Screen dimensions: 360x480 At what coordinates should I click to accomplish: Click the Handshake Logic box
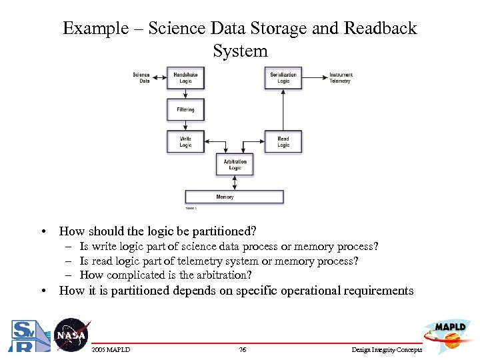pyautogui.click(x=185, y=77)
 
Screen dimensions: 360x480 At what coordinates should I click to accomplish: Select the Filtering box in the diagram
pyautogui.click(x=185, y=109)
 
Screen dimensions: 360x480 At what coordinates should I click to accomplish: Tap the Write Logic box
pyautogui.click(x=185, y=142)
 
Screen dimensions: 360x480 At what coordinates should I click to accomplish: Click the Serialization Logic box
pyautogui.click(x=283, y=77)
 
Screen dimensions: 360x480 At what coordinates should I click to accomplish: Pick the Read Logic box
pyautogui.click(x=283, y=142)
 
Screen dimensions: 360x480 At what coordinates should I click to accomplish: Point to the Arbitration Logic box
pyautogui.click(x=235, y=164)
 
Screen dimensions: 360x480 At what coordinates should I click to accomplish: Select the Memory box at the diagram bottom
pyautogui.click(x=234, y=197)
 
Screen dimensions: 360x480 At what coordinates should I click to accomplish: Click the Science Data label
pyautogui.click(x=141, y=77)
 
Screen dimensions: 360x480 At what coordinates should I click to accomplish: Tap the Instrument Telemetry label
pyautogui.click(x=341, y=77)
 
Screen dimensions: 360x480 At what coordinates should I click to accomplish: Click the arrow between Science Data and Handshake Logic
pyautogui.click(x=160, y=77)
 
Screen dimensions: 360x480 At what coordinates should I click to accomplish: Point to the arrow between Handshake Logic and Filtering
pyautogui.click(x=185, y=93)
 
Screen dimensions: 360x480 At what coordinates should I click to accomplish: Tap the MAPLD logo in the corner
pyautogui.click(x=445, y=331)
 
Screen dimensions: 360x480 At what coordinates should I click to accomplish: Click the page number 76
pyautogui.click(x=243, y=350)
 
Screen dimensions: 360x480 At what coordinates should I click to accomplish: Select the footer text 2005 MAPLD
pyautogui.click(x=111, y=350)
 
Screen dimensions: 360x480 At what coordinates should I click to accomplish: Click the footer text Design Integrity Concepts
pyautogui.click(x=387, y=350)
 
